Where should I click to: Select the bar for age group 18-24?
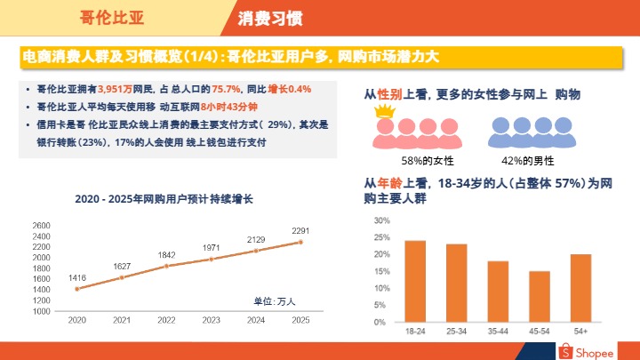pos(415,281)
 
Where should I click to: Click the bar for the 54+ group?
pos(580,288)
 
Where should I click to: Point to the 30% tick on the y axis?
pos(380,220)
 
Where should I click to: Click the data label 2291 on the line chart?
pos(300,231)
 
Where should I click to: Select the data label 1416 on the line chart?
pos(77,278)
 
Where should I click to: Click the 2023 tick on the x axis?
pos(211,320)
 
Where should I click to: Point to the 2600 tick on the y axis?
pos(42,226)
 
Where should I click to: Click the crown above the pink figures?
pos(384,112)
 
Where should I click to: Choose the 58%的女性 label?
pos(428,161)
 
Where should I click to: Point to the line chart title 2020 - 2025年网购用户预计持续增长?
pos(164,199)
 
